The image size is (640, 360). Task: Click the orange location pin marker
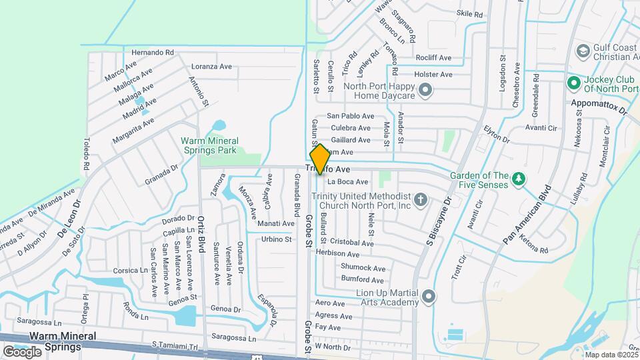pos(320,159)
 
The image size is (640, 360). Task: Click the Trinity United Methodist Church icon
pos(421,199)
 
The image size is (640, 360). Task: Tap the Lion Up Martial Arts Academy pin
pos(428,295)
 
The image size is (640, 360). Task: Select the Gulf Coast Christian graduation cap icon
pos(583,51)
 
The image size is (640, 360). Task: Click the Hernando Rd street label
pos(153,52)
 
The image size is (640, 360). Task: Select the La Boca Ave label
pos(348,182)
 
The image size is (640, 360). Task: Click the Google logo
pos(22,351)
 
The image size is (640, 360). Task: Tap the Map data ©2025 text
pos(611,355)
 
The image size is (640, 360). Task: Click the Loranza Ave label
pos(211,67)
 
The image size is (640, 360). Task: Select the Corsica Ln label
pos(130,271)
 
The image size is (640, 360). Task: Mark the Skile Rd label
pos(469,13)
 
